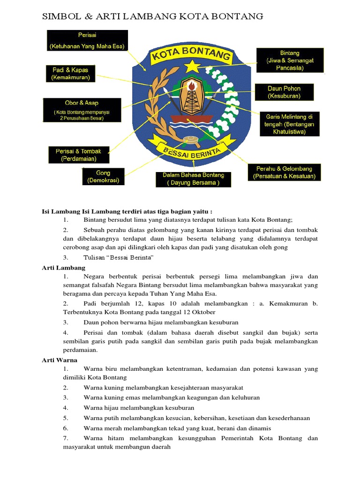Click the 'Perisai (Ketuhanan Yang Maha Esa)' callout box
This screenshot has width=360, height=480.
point(87,41)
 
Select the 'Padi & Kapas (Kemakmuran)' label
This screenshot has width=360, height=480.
point(70,74)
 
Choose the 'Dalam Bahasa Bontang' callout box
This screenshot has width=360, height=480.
point(193,179)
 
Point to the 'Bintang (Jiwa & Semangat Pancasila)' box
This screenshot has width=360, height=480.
point(290,60)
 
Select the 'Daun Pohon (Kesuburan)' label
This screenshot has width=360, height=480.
point(284,92)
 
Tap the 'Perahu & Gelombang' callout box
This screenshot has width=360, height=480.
point(285,172)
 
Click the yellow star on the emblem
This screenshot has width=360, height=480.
point(192,67)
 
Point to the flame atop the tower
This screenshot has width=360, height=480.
point(191,85)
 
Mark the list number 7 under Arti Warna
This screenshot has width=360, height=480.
point(66,438)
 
